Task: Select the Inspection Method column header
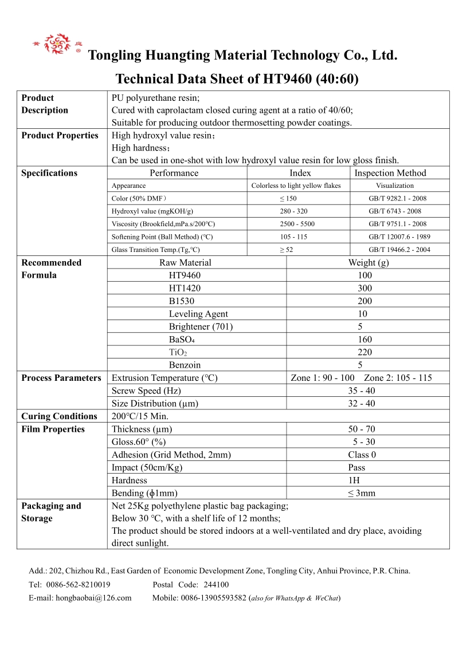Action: [390, 173]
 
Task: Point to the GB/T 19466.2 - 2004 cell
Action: [399, 250]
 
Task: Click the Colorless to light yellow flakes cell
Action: [296, 186]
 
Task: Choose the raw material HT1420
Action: [185, 288]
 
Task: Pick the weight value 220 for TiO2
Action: [365, 352]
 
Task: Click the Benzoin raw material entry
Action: [185, 365]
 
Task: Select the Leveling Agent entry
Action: [198, 314]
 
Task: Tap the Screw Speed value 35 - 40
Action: [362, 391]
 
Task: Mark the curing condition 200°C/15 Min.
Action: [140, 416]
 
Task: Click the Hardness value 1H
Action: [354, 480]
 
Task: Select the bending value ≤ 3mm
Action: [362, 493]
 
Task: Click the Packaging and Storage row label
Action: [51, 512]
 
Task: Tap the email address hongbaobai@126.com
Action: [93, 598]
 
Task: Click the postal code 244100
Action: [216, 585]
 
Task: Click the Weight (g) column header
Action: [368, 262]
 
